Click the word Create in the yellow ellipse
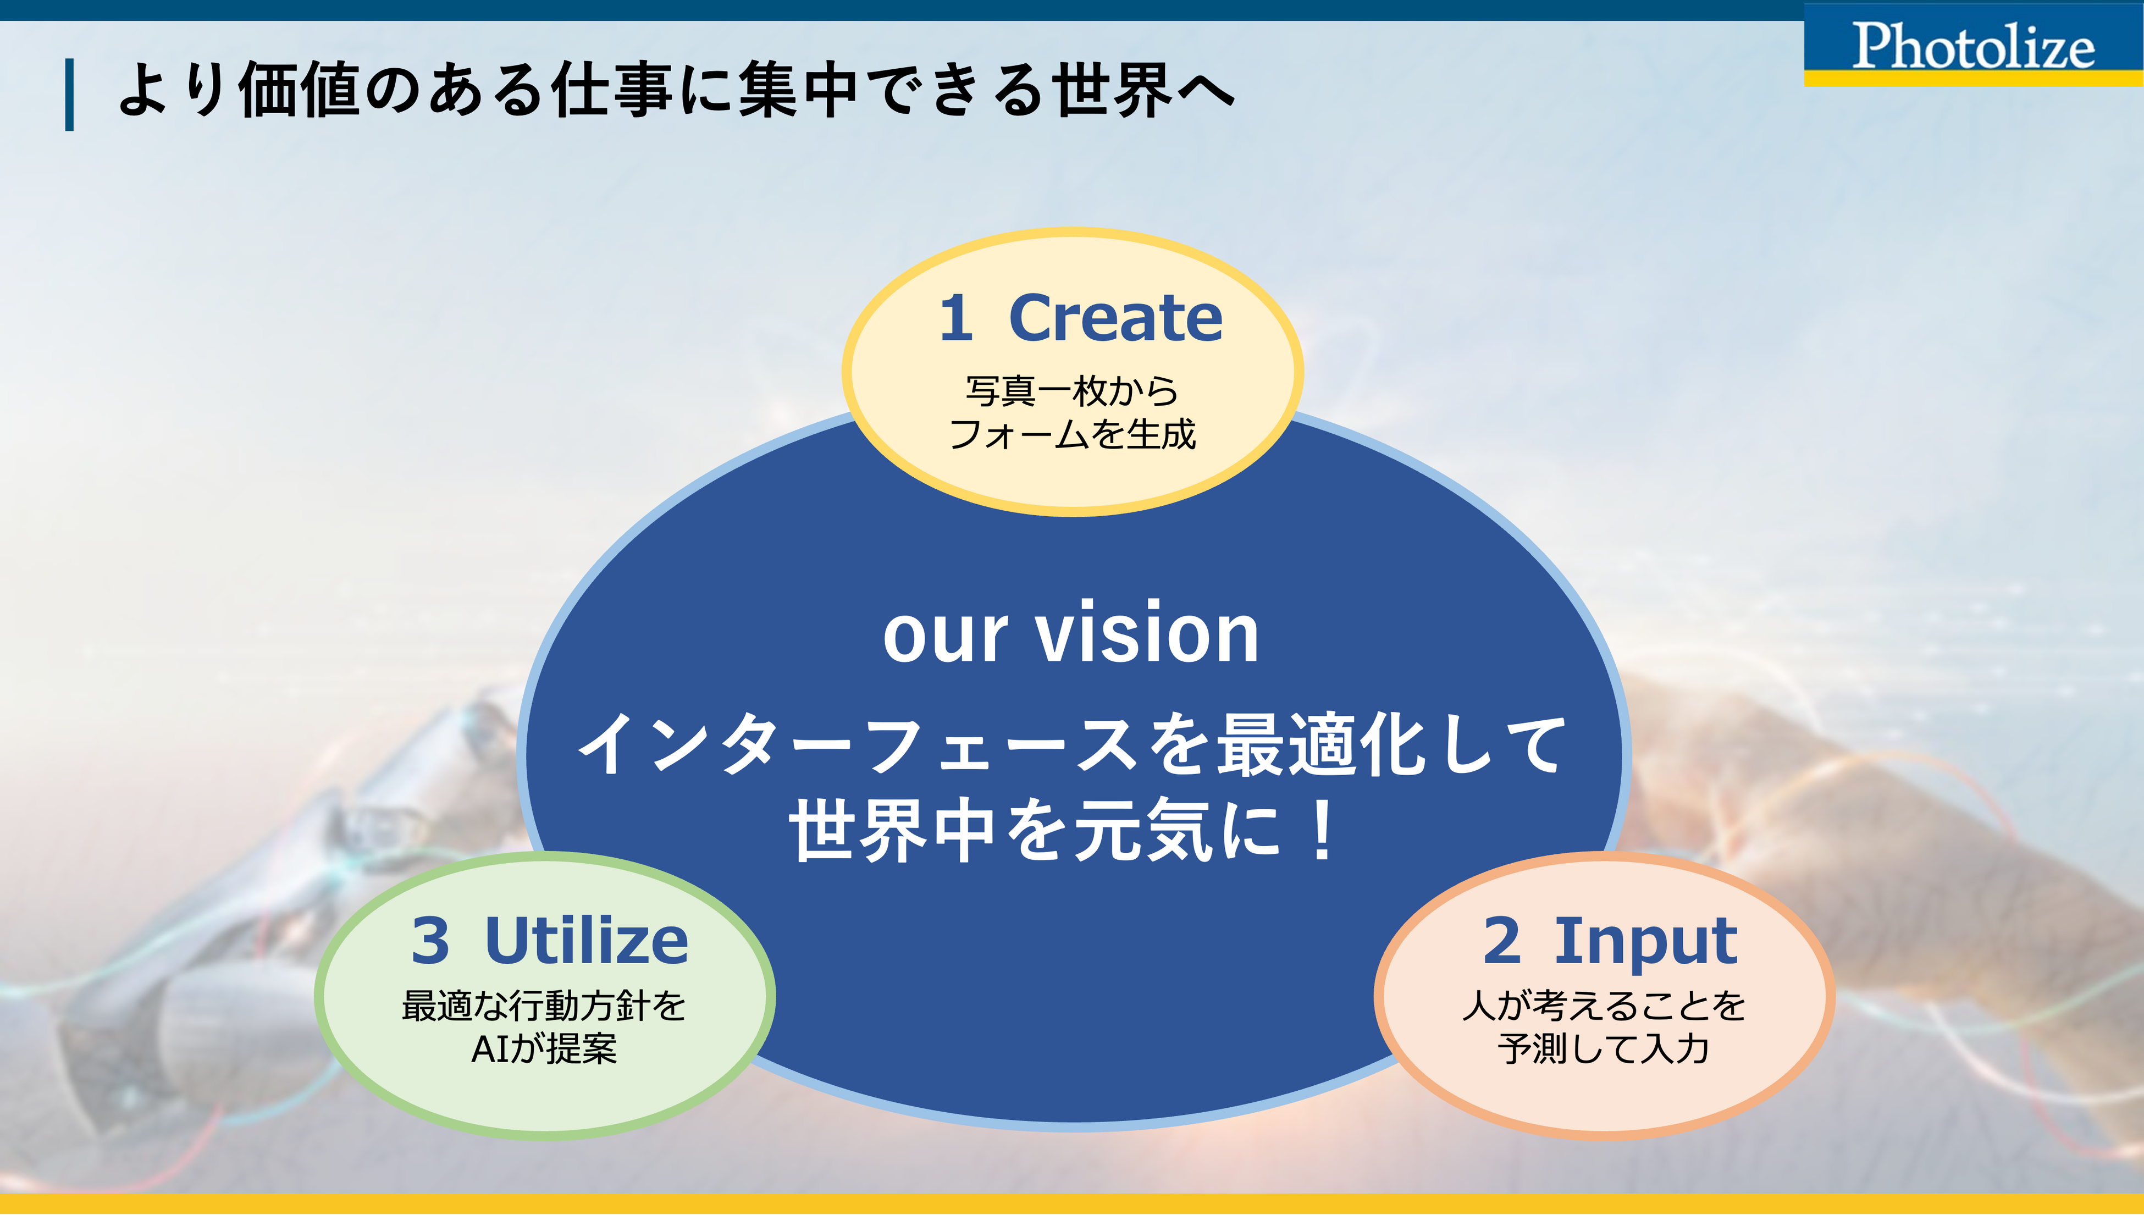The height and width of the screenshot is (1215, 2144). click(x=1115, y=319)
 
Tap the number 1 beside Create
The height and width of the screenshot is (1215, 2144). click(x=956, y=319)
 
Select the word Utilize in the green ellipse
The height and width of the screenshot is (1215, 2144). click(x=587, y=941)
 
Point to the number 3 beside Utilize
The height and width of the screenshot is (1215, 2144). click(x=430, y=941)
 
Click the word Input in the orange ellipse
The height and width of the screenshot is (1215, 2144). click(x=1645, y=941)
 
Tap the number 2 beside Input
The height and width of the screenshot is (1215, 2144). click(x=1502, y=941)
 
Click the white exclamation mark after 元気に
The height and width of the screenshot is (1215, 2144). click(x=1322, y=830)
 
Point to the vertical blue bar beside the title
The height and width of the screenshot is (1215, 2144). click(x=70, y=95)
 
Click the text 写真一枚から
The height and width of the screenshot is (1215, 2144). click(x=1072, y=390)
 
